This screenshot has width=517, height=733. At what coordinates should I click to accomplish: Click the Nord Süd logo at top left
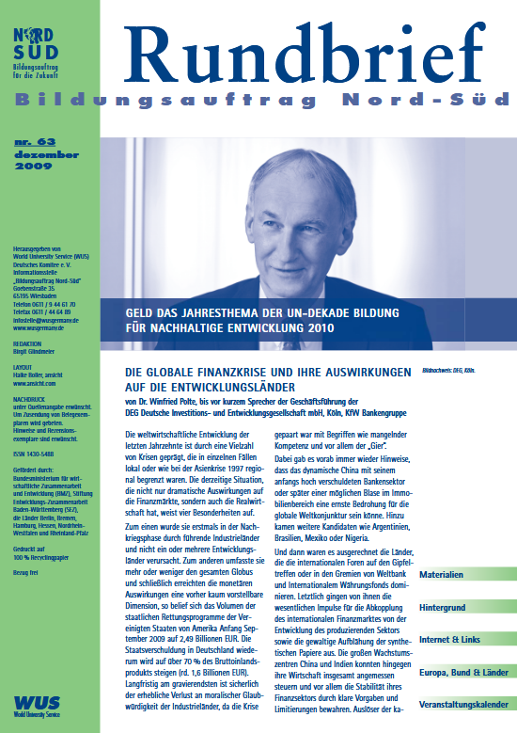pos(34,52)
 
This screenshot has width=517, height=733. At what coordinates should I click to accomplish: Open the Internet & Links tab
pos(452,640)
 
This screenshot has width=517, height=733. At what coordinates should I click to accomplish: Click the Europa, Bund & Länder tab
pos(462,673)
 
